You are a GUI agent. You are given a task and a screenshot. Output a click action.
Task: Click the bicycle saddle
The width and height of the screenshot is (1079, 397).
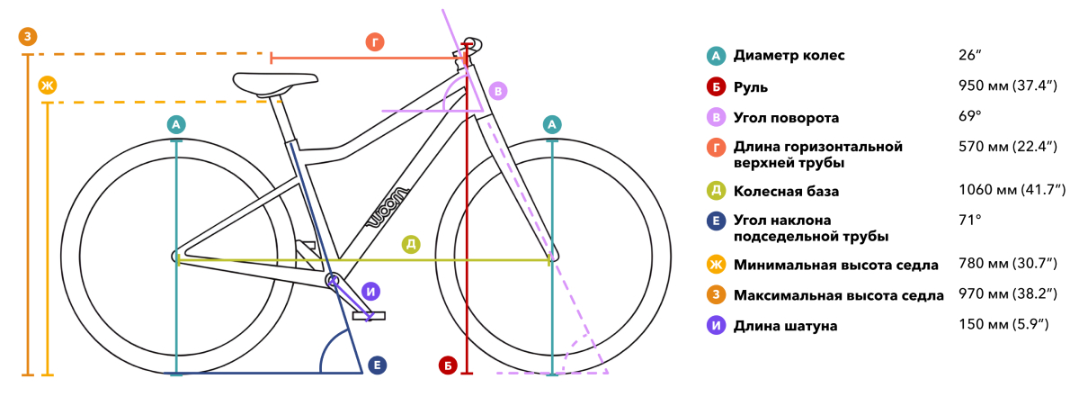pos(274,85)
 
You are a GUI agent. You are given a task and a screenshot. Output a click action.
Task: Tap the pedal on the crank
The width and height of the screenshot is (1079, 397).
pos(369,315)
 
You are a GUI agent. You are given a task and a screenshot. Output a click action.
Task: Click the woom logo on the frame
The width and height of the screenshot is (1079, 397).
pos(388,207)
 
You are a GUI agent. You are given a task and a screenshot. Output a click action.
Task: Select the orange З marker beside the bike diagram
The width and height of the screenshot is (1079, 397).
pos(28,36)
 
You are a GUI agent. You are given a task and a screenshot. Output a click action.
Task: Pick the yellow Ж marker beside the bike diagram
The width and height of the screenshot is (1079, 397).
pos(47,86)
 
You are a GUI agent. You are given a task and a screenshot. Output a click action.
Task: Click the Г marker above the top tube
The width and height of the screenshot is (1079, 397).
pos(375,42)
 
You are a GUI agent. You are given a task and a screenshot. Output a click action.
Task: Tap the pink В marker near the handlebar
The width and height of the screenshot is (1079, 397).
pos(498,91)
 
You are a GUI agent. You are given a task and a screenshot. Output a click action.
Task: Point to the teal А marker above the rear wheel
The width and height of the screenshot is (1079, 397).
pos(176,124)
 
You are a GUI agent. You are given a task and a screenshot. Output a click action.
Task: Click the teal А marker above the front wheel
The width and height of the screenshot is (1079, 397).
pos(552,124)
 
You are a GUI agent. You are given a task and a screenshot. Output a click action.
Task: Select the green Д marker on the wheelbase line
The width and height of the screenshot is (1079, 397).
pos(411,245)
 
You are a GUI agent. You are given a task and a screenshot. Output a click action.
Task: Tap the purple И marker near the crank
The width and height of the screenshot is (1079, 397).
pos(370,292)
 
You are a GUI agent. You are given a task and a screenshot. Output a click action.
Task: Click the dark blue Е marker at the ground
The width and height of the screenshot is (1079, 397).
pos(377,365)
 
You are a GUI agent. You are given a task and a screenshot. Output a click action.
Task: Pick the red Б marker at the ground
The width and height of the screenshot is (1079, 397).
pos(448,365)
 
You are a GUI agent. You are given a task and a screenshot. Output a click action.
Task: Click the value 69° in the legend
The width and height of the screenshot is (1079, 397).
pos(969,116)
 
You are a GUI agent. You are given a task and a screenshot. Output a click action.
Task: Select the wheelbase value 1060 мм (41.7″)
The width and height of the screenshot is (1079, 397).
pos(1012,190)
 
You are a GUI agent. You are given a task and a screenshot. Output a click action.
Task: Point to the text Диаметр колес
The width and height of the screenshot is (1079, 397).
pos(789,56)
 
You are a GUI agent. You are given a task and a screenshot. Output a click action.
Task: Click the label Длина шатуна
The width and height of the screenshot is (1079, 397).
pos(785,326)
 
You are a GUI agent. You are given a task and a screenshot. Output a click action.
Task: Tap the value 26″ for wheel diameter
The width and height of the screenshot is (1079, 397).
pos(969,55)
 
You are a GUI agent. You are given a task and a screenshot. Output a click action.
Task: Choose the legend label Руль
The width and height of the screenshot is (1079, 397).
pos(751,87)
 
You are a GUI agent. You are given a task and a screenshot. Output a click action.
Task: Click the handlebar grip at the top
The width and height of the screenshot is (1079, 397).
pos(473,44)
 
